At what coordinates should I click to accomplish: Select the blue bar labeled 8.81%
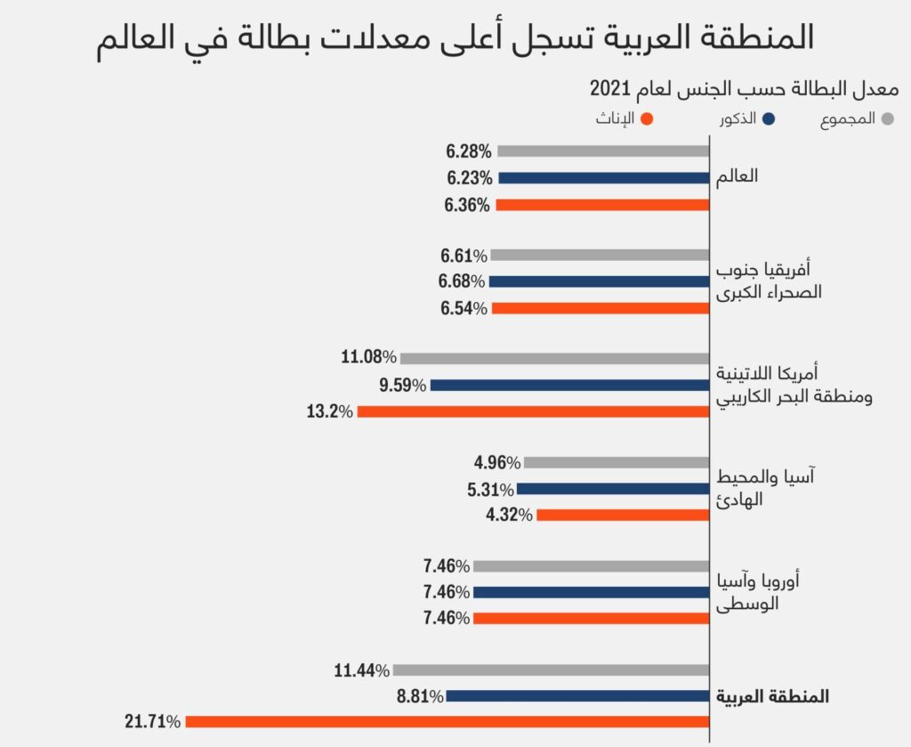click(577, 696)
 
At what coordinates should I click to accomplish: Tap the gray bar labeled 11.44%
click(551, 670)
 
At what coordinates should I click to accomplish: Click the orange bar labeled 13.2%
click(533, 411)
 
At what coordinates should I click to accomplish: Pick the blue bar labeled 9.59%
click(569, 386)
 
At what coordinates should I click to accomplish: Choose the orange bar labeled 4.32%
click(623, 515)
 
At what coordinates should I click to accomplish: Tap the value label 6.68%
click(462, 281)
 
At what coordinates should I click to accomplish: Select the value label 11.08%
click(368, 358)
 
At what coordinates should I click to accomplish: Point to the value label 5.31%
click(490, 489)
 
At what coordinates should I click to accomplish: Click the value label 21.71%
click(153, 721)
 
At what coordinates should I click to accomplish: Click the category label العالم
click(738, 176)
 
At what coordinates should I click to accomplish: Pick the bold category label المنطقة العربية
click(772, 696)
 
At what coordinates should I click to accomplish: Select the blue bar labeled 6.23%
click(604, 178)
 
